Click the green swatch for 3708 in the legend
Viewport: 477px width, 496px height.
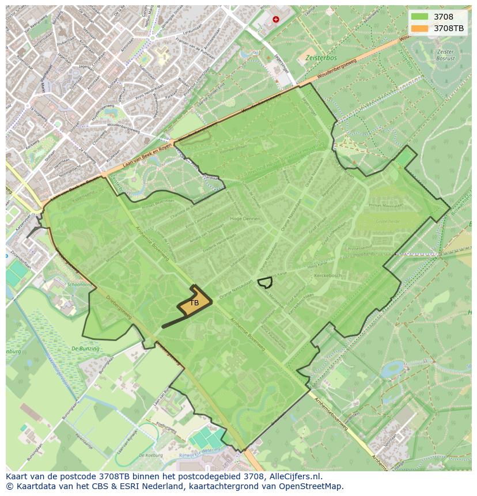[419, 17]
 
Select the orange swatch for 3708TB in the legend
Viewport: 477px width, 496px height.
[419, 28]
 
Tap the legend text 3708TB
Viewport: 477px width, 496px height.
[450, 28]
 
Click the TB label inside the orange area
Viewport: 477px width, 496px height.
[194, 302]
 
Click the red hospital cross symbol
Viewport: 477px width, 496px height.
[276, 19]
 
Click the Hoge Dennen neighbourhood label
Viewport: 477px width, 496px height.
[245, 219]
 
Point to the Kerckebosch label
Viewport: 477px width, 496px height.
[328, 275]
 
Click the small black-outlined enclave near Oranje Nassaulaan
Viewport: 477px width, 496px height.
[265, 282]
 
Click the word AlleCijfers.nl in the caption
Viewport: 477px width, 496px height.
[293, 476]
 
